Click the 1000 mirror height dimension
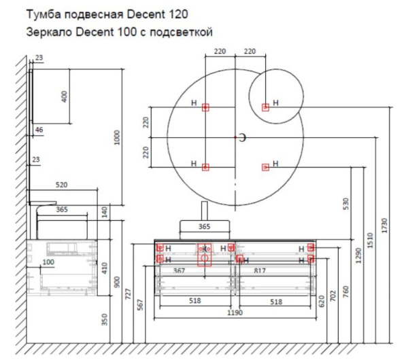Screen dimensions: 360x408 (116, 139)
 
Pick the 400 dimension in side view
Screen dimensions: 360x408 (65, 96)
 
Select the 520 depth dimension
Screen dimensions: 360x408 (61, 185)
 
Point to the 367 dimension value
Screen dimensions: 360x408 (180, 271)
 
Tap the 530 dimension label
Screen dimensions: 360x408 (346, 202)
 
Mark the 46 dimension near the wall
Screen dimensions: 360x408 (39, 128)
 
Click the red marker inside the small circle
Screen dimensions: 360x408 (266, 107)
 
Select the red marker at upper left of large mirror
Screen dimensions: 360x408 (205, 107)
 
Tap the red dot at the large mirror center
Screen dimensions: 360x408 (235, 138)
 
